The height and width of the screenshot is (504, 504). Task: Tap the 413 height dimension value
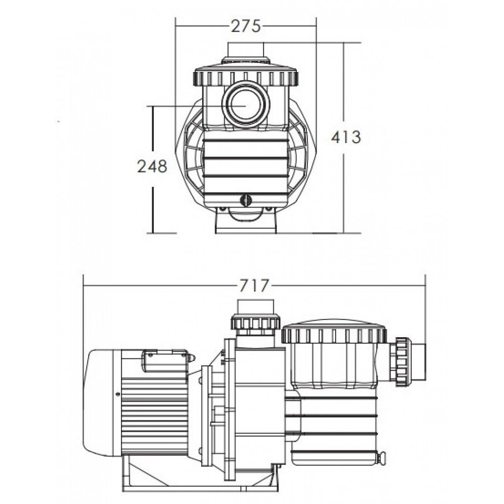[346, 137]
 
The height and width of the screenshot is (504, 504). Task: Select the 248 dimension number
[152, 166]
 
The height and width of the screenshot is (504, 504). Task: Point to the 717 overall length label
[254, 285]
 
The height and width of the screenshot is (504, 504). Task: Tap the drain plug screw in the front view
[245, 200]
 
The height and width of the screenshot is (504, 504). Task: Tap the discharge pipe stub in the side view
[256, 306]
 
